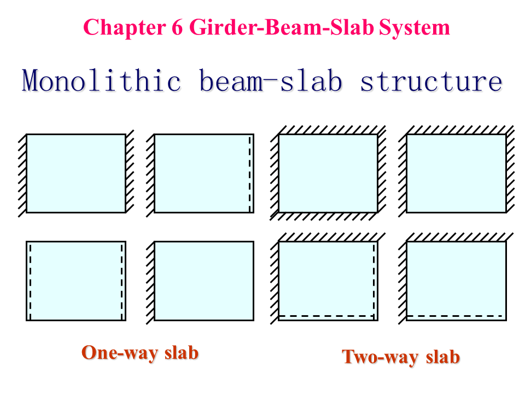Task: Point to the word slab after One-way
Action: coord(181,352)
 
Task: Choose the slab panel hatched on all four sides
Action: coord(328,173)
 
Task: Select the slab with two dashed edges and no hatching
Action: coord(76,281)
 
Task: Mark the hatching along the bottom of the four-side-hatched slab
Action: coord(328,217)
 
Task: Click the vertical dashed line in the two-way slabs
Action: coord(375,279)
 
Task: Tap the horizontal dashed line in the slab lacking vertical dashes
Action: coord(455,316)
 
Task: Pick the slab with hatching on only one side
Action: coord(204,281)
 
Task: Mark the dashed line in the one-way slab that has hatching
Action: coord(250,173)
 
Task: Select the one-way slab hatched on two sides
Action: coord(76,173)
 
